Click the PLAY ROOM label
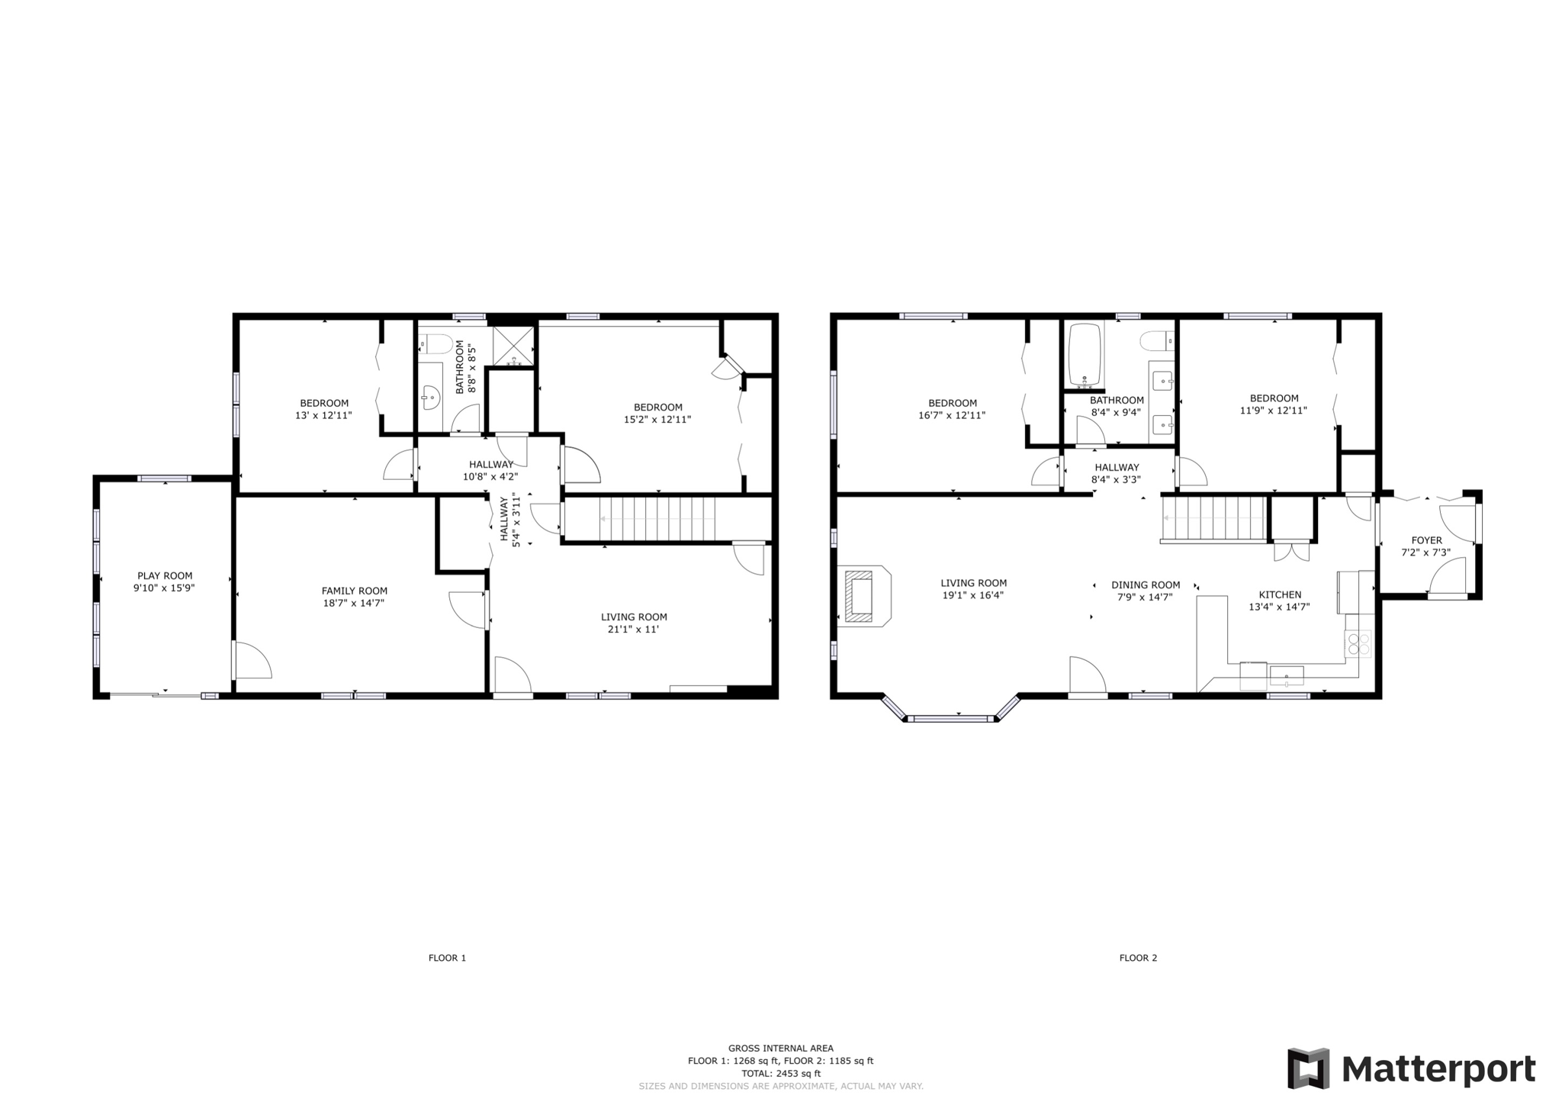[165, 576]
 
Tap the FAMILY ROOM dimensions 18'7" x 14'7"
[354, 603]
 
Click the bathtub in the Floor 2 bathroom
[1085, 354]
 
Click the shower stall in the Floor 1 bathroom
[513, 346]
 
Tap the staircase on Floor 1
[657, 519]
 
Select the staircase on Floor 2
[1213, 518]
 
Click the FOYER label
[1426, 540]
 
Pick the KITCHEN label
[1280, 594]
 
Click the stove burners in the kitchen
[1358, 644]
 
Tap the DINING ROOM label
[1146, 585]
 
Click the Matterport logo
[1411, 1068]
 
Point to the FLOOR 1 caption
[447, 958]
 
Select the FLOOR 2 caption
[1138, 958]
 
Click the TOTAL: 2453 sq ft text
[780, 1073]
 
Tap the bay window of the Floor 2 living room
[950, 717]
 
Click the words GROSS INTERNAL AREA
[780, 1048]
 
